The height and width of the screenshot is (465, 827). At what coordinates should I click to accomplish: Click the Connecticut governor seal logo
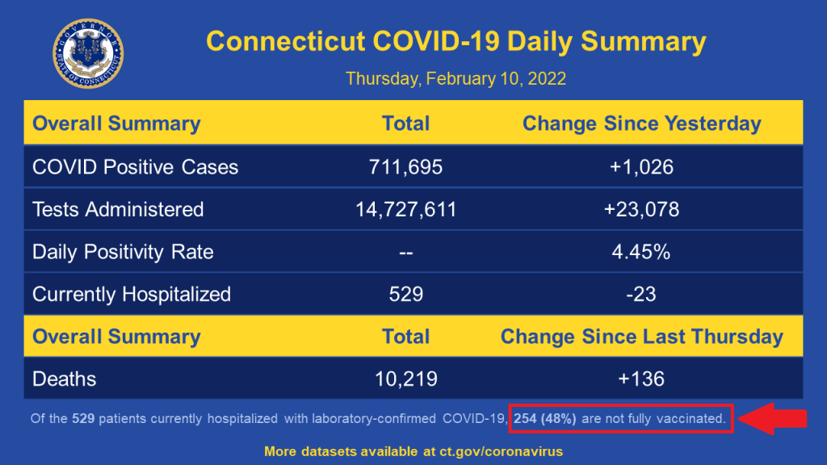pos(88,54)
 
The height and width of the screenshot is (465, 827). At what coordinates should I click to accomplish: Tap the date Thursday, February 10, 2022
pos(455,79)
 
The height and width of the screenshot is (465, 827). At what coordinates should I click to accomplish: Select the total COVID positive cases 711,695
pos(405,167)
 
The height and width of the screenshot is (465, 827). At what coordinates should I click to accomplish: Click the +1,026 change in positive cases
pos(641,167)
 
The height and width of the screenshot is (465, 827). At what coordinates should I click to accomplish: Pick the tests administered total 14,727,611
pos(405,210)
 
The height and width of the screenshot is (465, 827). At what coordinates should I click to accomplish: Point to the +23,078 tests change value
pos(641,210)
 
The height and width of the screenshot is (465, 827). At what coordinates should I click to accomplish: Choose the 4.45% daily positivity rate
pos(641,252)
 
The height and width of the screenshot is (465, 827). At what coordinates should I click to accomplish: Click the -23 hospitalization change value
pos(641,294)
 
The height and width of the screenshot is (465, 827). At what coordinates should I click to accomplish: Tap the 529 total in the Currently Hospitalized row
pos(405,294)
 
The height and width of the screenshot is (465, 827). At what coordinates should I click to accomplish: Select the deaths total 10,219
pos(405,379)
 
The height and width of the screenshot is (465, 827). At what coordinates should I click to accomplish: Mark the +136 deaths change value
pos(641,379)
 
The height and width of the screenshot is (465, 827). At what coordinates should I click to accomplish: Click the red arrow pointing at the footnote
pos(773,418)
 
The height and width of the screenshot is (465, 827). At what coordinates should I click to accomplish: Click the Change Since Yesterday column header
pos(641,124)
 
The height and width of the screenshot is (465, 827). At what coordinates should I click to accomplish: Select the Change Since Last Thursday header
pos(641,337)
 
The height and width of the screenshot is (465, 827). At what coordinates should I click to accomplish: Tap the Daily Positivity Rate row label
pos(123,252)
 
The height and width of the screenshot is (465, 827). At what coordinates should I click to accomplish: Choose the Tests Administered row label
pos(118,210)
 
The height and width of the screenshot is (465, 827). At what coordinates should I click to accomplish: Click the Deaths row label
pos(64,379)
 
